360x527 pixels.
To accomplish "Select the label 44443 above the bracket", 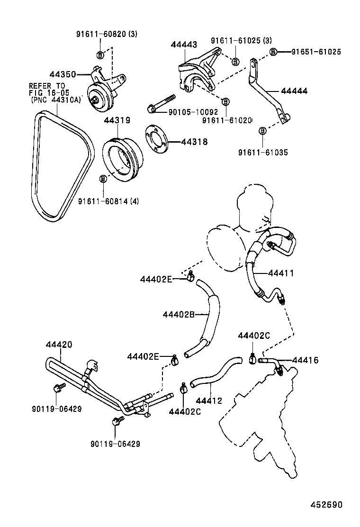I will coord(183,44).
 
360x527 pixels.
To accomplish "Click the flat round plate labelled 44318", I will coord(155,141).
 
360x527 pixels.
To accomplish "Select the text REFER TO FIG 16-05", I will coord(47,89).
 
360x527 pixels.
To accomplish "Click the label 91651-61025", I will coord(315,52).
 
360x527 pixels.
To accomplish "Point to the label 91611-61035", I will coord(262,153).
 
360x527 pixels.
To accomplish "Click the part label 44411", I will coord(281,273).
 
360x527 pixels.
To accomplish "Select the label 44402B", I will coord(179,314).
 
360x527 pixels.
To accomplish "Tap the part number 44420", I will coord(59,345).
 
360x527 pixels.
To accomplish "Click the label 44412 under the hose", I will coord(209,400).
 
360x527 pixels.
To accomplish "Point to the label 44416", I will coord(305,361).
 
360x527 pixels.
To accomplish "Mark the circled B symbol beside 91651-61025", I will coord(273,52).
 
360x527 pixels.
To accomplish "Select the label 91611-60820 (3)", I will coord(107,34).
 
